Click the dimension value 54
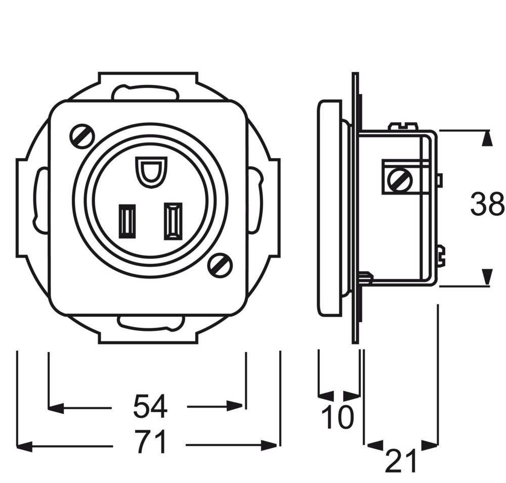(x=150, y=407)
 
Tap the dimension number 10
(x=338, y=418)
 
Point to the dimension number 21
(x=401, y=461)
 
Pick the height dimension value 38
(x=487, y=205)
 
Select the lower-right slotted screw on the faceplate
(x=220, y=264)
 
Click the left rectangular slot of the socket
(x=126, y=220)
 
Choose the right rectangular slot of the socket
(x=173, y=220)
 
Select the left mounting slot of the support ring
(x=40, y=198)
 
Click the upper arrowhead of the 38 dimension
(x=486, y=138)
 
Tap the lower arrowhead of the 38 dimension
(x=486, y=277)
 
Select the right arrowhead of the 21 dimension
(x=430, y=445)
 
